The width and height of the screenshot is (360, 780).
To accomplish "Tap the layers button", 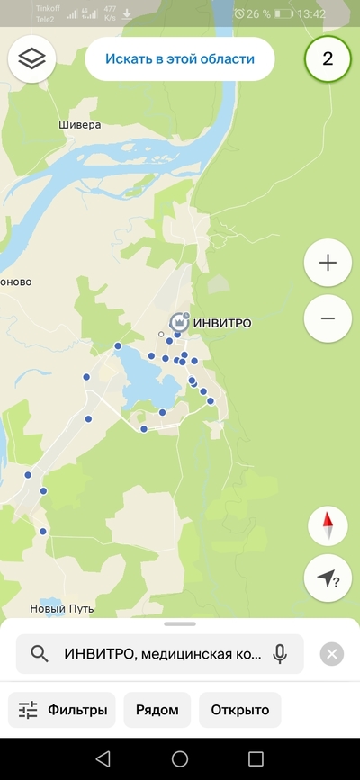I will (x=32, y=59).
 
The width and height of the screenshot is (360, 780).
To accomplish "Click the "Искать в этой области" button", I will (x=179, y=59).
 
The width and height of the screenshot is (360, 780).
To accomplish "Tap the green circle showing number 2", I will (x=328, y=59).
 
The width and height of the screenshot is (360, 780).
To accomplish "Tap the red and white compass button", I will (x=328, y=526).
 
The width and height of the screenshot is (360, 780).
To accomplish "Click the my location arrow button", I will (x=328, y=579).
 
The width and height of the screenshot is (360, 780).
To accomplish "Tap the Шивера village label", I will (x=79, y=125).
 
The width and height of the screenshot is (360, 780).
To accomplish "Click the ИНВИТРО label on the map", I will (x=222, y=323).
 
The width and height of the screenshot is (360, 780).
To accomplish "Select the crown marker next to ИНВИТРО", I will (x=179, y=321).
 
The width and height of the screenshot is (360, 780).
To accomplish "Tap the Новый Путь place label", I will (x=62, y=609).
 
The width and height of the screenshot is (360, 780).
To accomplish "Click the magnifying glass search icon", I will (x=39, y=654).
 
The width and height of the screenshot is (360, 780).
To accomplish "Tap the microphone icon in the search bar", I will (x=280, y=654).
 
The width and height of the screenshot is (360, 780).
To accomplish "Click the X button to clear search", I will (x=332, y=654).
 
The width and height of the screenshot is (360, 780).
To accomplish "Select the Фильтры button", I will (x=63, y=710).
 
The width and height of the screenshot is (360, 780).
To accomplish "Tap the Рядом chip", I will (x=157, y=710).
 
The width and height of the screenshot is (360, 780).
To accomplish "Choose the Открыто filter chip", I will (x=240, y=710).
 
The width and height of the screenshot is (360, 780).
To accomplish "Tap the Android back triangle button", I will (x=103, y=758).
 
